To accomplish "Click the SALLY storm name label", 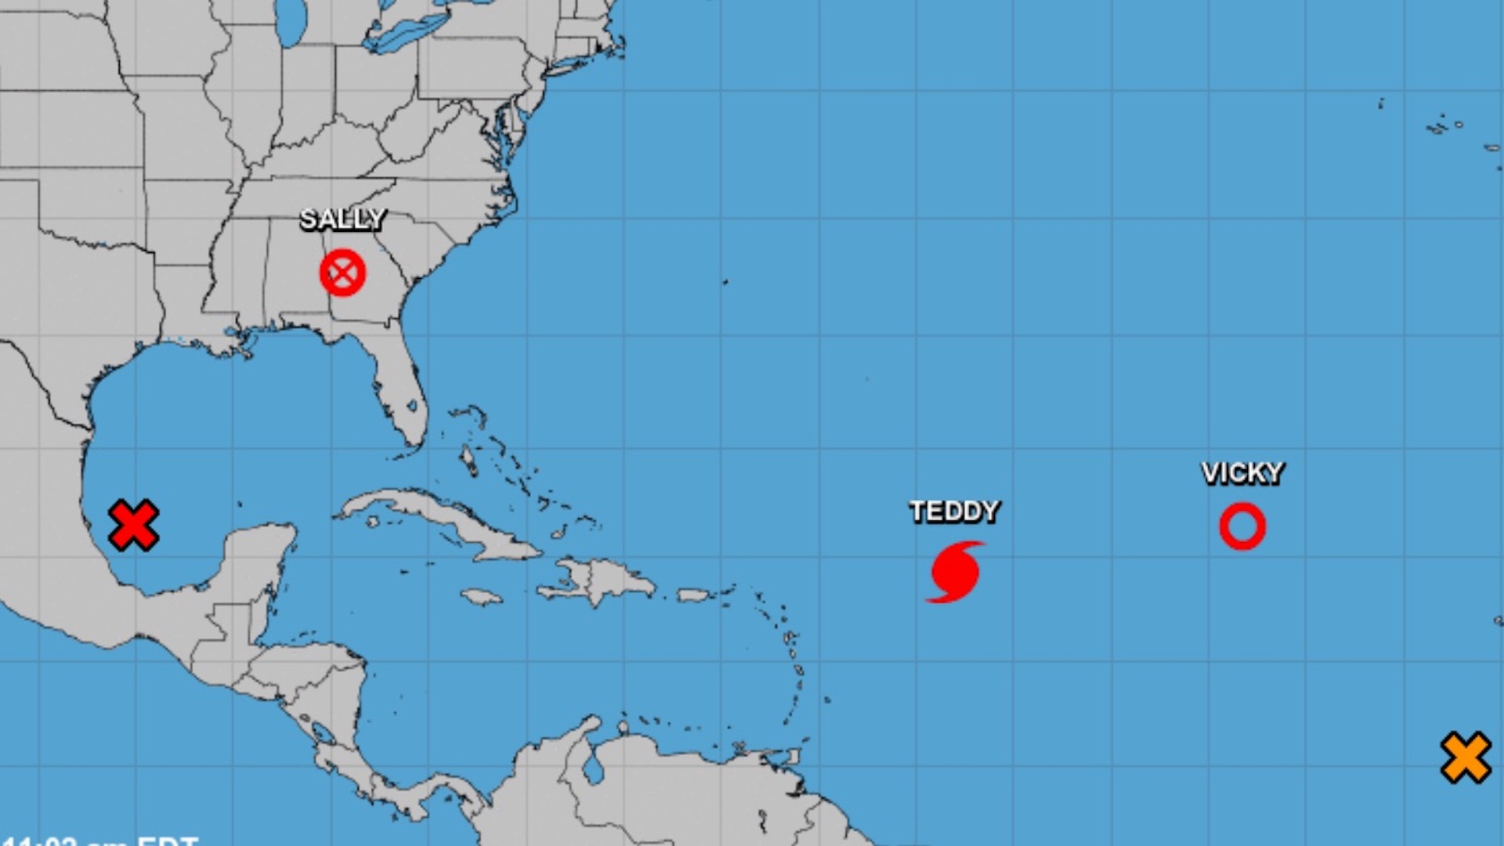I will (x=342, y=219).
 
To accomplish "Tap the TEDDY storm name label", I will (x=954, y=512).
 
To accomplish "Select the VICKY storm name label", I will (x=1242, y=473).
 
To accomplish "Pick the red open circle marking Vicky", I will (x=1242, y=526).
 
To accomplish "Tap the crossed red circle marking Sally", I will (x=342, y=273).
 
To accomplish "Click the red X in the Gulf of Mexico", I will (x=133, y=525).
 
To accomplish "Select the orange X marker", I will (x=1466, y=757).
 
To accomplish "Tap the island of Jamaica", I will (x=481, y=598).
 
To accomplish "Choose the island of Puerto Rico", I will (x=692, y=595).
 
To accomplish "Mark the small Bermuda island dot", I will (x=725, y=282).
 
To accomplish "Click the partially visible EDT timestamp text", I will (x=102, y=840).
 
